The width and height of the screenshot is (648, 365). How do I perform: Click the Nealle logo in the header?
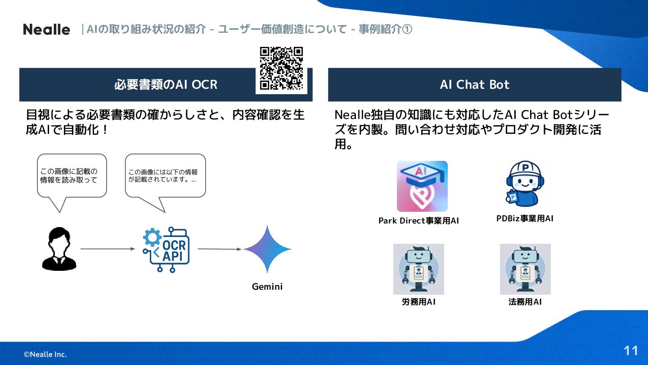pyautogui.click(x=46, y=30)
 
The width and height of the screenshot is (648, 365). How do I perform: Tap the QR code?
pyautogui.click(x=281, y=68)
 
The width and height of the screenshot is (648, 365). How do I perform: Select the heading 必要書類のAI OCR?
pyautogui.click(x=166, y=85)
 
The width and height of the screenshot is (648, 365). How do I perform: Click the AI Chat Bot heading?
pyautogui.click(x=475, y=85)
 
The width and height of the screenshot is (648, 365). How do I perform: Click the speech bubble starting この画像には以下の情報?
pyautogui.click(x=165, y=176)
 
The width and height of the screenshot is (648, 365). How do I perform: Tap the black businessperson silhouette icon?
pyautogui.click(x=59, y=249)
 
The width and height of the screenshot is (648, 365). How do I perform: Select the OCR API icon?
pyautogui.click(x=166, y=250)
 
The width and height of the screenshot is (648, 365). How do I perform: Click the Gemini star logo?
pyautogui.click(x=267, y=249)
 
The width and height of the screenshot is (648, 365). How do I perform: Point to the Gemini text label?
pyautogui.click(x=267, y=287)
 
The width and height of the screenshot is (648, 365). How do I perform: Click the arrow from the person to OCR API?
pyautogui.click(x=108, y=249)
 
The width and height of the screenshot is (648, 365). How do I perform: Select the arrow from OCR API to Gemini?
pyautogui.click(x=220, y=249)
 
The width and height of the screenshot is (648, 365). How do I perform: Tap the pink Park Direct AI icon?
pyautogui.click(x=422, y=186)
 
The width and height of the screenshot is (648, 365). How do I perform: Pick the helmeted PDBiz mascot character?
pyautogui.click(x=525, y=183)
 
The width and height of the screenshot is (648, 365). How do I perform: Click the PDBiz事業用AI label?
pyautogui.click(x=525, y=219)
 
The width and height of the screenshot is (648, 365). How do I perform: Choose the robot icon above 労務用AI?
pyautogui.click(x=418, y=269)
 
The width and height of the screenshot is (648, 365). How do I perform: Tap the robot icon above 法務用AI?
pyautogui.click(x=525, y=269)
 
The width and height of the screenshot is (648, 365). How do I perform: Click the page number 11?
pyautogui.click(x=631, y=351)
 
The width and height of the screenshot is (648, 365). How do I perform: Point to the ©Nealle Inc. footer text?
pyautogui.click(x=45, y=355)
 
